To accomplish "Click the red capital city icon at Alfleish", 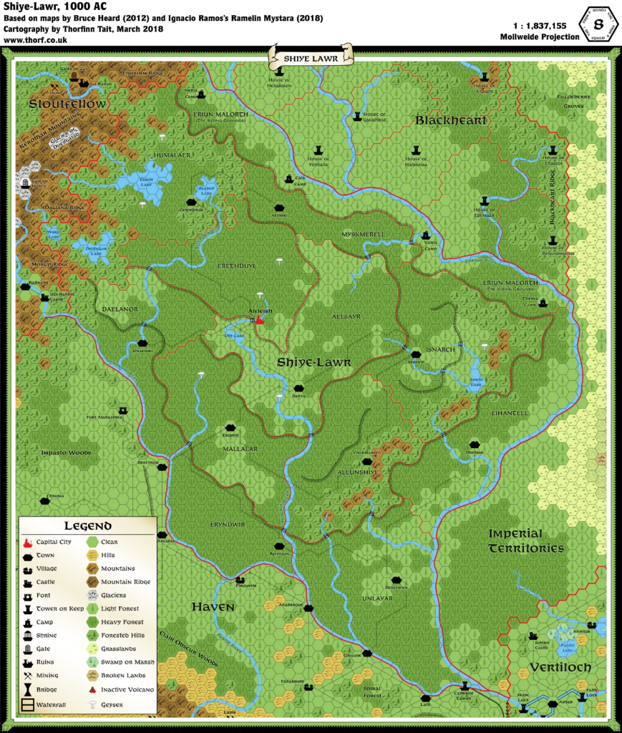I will (x=259, y=321).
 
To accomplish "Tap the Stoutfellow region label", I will (x=68, y=105).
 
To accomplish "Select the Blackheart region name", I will (x=451, y=120).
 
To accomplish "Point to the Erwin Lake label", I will (x=147, y=181).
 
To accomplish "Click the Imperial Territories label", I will (x=525, y=541).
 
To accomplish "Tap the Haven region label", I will (x=213, y=607).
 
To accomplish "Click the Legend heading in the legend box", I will (x=87, y=526).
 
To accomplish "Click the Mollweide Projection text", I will (x=540, y=37).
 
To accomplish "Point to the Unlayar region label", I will (x=377, y=598).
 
